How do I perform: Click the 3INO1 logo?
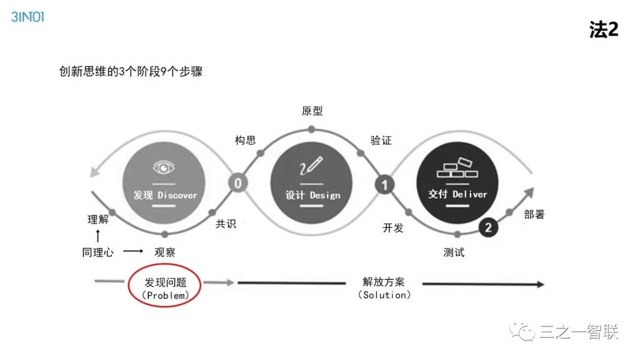[28, 17]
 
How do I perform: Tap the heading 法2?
[603, 30]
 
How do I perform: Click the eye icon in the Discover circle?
[164, 167]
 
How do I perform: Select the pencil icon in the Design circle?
[311, 166]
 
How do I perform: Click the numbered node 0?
[238, 183]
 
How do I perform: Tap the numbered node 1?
[384, 185]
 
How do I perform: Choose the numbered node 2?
[488, 227]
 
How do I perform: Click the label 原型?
[312, 111]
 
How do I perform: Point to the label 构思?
[246, 140]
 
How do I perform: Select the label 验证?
[381, 140]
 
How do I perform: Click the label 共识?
[225, 224]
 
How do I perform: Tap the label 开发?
[393, 228]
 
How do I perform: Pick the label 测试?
[454, 252]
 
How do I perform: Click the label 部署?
[534, 214]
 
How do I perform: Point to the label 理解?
[98, 220]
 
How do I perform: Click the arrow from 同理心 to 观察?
[133, 252]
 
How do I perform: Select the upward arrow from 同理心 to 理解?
[98, 236]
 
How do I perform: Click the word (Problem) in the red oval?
[165, 295]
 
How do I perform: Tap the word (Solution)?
[384, 295]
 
